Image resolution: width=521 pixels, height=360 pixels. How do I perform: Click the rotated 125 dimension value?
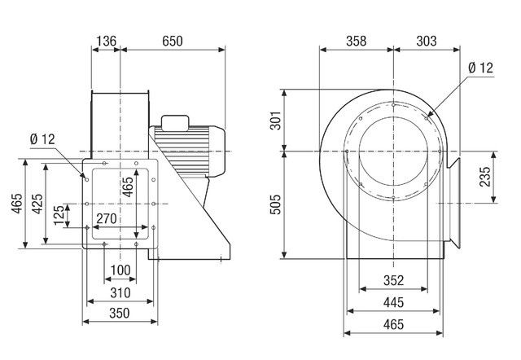coord(59,216)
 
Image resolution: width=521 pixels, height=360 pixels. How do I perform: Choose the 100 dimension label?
coord(120,270)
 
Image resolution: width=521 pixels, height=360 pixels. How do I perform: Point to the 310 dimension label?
coord(120,292)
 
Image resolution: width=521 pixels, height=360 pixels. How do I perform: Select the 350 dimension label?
coord(120,312)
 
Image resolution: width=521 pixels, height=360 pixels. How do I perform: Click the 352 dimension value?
coord(393,282)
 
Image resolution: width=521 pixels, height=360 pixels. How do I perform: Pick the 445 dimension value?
coord(393,303)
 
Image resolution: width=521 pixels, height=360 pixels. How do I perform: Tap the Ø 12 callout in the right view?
coord(482,69)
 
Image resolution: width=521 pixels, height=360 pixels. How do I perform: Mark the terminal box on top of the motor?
coord(175,123)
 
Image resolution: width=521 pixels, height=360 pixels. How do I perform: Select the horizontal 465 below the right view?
coord(393,325)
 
